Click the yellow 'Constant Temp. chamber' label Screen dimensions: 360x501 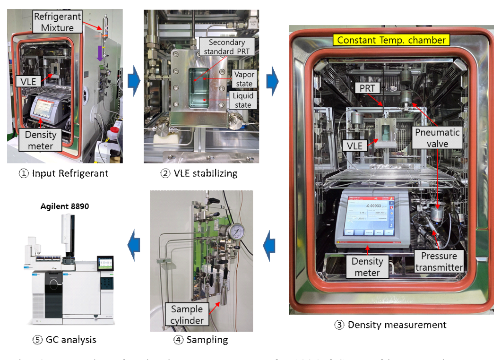[391, 40]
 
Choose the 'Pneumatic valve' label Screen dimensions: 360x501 [437, 137]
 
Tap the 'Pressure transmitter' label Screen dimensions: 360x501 [439, 261]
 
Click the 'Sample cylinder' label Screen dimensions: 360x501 [187, 315]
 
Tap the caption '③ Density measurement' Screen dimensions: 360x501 [390, 325]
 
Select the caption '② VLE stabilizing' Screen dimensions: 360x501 [199, 173]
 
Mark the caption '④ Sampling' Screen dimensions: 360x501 [201, 339]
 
